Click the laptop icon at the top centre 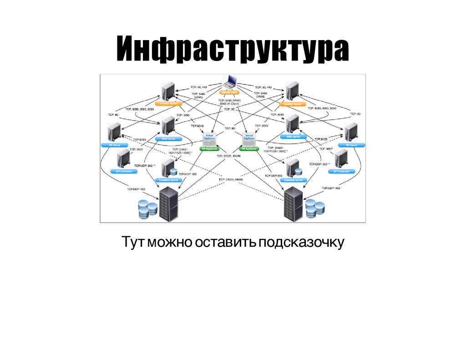pyautogui.click(x=229, y=81)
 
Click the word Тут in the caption pyautogui.click(x=132, y=243)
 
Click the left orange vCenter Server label pyautogui.click(x=168, y=104)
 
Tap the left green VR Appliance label pyautogui.click(x=210, y=149)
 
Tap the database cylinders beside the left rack pyautogui.click(x=148, y=209)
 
